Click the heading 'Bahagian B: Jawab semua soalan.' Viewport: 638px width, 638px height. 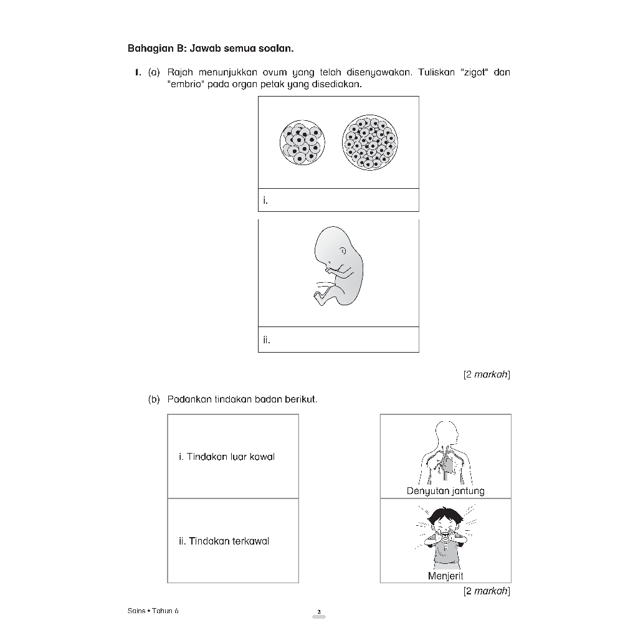[x=210, y=47]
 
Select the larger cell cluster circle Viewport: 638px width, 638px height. [x=370, y=143]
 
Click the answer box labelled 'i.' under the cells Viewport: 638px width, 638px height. [x=338, y=200]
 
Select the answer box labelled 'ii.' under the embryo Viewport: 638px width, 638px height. [x=338, y=340]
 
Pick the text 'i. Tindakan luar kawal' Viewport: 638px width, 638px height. [x=227, y=457]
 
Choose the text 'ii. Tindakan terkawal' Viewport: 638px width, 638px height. [x=224, y=541]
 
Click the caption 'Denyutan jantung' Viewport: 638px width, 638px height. [x=445, y=491]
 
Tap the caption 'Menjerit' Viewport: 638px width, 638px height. [x=445, y=576]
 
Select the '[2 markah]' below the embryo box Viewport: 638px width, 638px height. [x=487, y=374]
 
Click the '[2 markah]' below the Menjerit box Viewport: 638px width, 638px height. [x=487, y=591]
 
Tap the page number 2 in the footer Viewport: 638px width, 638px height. [x=318, y=612]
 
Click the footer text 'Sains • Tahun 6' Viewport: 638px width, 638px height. [x=153, y=611]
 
